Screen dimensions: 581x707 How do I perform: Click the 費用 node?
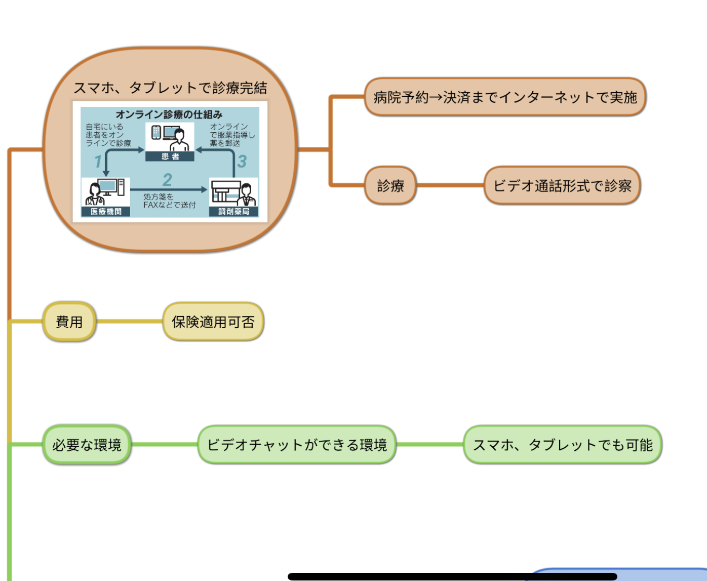69,322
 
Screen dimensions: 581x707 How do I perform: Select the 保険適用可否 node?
213,322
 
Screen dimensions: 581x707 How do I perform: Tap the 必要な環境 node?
87,445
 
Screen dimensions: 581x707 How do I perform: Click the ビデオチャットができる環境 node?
297,445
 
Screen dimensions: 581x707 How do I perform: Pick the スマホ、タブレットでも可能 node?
563,445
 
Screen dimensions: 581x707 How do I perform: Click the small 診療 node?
390,186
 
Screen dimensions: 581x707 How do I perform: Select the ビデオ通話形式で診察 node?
562,186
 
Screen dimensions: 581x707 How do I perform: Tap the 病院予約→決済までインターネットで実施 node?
505,97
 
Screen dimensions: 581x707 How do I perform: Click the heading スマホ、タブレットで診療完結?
170,88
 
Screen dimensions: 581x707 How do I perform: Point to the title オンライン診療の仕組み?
169,114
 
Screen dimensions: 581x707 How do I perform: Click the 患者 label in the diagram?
170,157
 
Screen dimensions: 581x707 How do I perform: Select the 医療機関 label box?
106,211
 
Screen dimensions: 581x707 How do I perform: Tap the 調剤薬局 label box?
233,211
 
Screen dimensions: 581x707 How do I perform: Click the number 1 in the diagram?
98,162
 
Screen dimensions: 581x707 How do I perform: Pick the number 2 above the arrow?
167,179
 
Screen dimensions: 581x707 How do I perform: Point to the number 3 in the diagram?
242,162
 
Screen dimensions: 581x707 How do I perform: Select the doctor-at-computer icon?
105,192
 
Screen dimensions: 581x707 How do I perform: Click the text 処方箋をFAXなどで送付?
169,201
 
